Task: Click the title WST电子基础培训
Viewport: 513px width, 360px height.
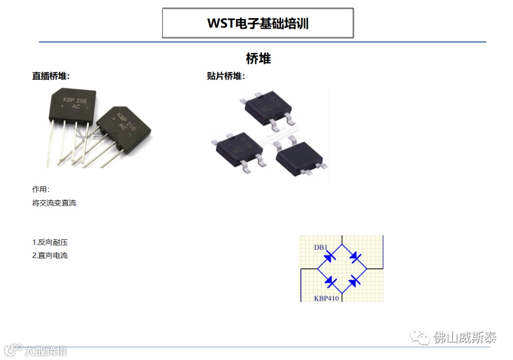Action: click(x=258, y=23)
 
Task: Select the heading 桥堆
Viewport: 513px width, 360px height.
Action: click(x=258, y=59)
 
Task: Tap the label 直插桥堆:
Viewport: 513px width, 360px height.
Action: click(x=51, y=76)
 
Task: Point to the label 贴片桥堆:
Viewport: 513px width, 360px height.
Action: click(x=226, y=76)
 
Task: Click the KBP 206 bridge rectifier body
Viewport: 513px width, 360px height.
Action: click(x=73, y=104)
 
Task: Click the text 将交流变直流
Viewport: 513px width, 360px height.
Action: click(x=54, y=203)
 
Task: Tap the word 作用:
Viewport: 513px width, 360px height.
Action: click(x=41, y=189)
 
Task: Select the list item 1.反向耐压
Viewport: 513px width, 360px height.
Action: click(x=50, y=242)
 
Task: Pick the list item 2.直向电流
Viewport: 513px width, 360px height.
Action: click(x=50, y=256)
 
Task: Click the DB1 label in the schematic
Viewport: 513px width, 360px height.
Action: click(x=321, y=247)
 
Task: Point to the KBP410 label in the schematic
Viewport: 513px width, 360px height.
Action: click(x=327, y=298)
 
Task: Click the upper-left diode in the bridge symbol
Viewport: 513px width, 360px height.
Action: click(x=330, y=257)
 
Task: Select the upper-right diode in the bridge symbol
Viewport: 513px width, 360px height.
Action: click(x=354, y=257)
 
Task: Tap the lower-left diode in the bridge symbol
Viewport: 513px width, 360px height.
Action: click(x=331, y=282)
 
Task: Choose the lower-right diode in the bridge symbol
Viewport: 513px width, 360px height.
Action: click(x=354, y=282)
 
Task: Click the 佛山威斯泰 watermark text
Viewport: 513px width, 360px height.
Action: click(x=465, y=338)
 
